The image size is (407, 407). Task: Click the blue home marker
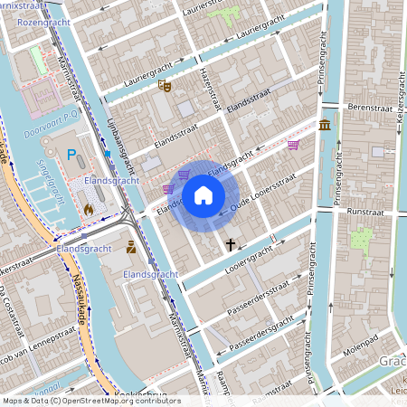click(x=203, y=194)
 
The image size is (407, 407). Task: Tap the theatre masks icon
click(x=165, y=86)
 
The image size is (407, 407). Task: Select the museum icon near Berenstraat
click(x=324, y=124)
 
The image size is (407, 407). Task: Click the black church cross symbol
click(x=231, y=244)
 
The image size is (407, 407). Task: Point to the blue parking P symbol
click(x=71, y=156)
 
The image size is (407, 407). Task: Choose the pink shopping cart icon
click(x=293, y=144)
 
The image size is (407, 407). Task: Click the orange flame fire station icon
click(x=89, y=209)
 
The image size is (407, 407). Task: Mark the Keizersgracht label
click(x=399, y=100)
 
